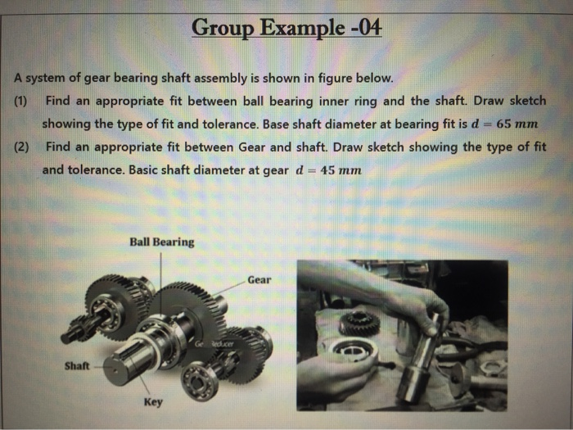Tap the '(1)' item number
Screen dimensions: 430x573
pos(21,102)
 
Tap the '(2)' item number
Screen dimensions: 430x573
pos(21,148)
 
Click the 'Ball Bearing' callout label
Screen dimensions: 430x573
pos(161,242)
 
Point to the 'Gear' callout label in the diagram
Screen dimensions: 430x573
pos(259,279)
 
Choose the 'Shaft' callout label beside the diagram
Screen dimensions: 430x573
pos(77,366)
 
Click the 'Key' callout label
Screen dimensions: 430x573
pos(153,402)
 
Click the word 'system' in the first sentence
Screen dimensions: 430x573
pos(47,79)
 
